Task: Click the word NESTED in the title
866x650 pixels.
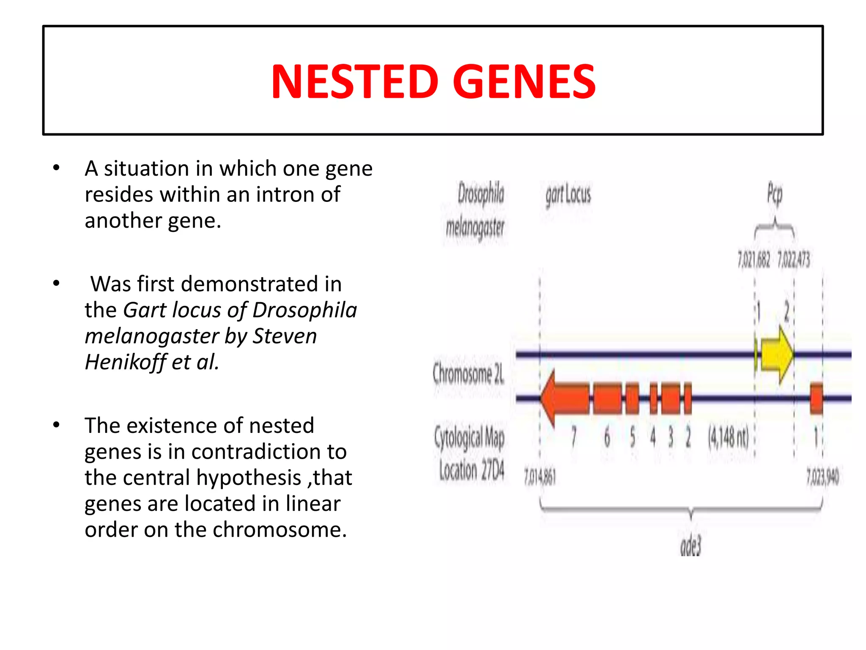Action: click(354, 81)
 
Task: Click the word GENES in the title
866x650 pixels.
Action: click(524, 81)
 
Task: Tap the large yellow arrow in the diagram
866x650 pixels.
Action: click(777, 355)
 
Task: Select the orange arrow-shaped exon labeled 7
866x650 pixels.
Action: click(565, 398)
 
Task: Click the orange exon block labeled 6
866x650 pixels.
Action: click(608, 398)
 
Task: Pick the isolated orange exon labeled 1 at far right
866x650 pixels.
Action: click(817, 398)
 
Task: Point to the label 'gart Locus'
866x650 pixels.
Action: click(568, 196)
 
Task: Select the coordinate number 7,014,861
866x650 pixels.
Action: click(540, 477)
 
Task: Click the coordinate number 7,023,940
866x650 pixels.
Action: click(822, 477)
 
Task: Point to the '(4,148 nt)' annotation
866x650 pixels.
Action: click(729, 437)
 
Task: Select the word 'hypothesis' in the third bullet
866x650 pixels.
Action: click(249, 478)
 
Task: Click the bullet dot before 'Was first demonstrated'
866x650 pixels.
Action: click(56, 284)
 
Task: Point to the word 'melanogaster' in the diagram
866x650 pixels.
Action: click(475, 229)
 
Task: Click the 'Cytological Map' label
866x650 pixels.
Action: click(469, 437)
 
